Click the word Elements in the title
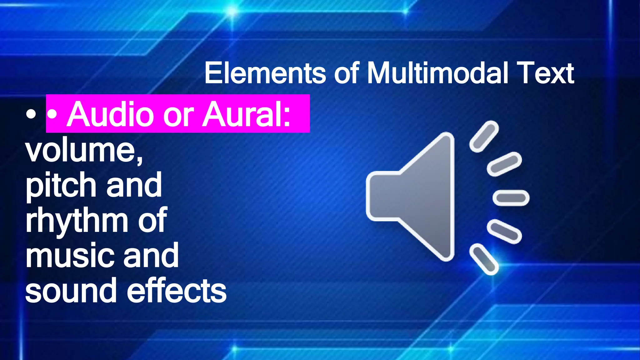(x=265, y=73)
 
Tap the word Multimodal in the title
(x=437, y=73)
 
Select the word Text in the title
(x=545, y=73)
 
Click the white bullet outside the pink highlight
(x=31, y=114)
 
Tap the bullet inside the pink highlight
(x=52, y=114)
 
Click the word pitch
(x=62, y=186)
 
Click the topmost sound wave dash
(x=484, y=136)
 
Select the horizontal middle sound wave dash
(x=511, y=198)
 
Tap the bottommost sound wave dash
(x=484, y=259)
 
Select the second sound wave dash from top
(x=504, y=164)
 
